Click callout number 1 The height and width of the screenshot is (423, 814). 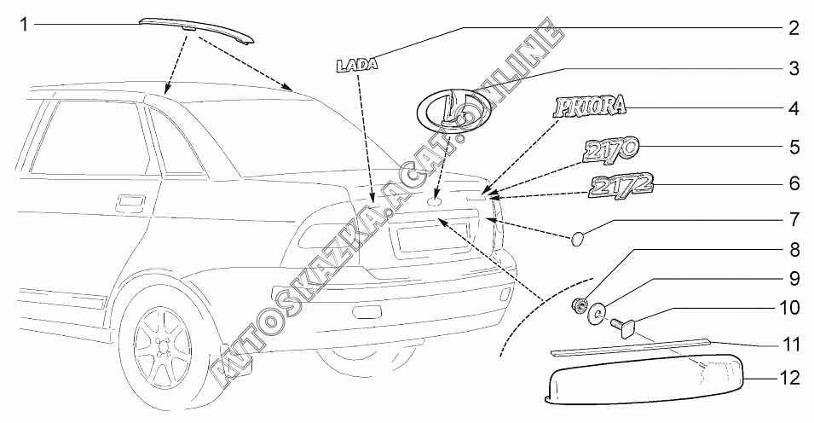24,25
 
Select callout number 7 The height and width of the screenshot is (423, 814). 793,220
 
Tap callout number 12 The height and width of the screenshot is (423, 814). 793,378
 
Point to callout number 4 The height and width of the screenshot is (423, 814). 793,108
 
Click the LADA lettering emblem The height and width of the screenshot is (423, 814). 356,64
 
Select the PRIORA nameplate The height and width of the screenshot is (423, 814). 590,107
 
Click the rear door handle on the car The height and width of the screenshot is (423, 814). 131,201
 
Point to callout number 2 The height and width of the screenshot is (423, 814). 793,27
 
